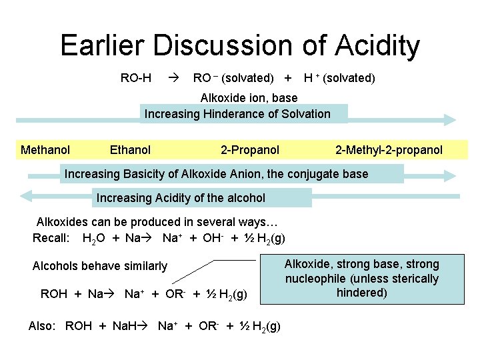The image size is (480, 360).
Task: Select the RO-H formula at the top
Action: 135,78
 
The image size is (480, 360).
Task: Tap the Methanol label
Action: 45,150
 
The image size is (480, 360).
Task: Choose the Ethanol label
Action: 130,150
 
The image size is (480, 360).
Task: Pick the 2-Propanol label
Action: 250,150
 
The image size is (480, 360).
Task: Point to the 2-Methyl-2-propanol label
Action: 389,150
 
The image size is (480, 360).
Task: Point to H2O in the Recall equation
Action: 92,238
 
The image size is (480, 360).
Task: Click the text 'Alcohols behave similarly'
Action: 100,266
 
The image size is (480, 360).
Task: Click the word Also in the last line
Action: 41,326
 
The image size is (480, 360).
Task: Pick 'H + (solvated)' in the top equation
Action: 339,78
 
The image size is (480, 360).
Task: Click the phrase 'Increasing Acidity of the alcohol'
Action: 181,198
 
